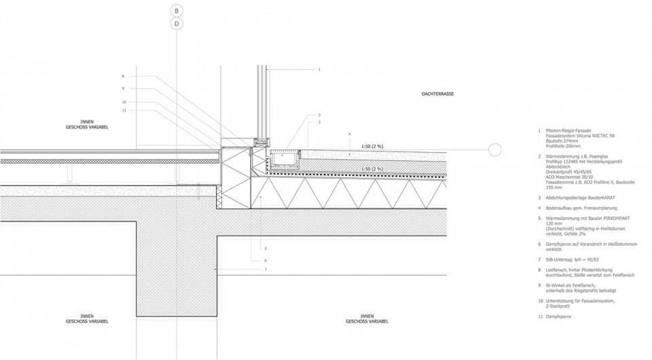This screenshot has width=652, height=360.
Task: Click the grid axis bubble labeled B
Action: click(177, 11)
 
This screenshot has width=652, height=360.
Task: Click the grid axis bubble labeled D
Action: click(177, 24)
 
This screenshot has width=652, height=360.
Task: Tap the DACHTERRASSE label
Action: click(437, 93)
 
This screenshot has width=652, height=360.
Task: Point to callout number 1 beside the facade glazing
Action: click(319, 69)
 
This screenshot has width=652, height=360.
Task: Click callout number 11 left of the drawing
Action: click(124, 110)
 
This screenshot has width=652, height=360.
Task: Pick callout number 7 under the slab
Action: click(265, 270)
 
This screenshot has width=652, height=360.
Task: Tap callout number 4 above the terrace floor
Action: click(349, 134)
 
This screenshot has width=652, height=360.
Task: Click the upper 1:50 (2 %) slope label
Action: click(372, 146)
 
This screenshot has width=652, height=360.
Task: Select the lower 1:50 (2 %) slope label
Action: click(372, 168)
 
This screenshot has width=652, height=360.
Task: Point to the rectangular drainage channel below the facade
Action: click(285, 160)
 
